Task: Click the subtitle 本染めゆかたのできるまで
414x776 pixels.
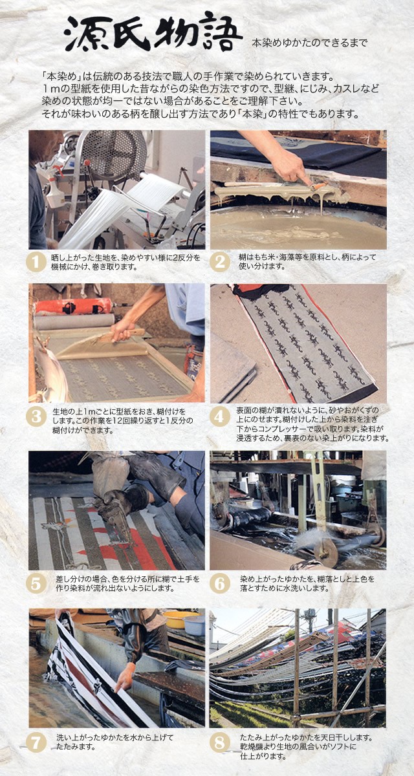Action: [x=309, y=43]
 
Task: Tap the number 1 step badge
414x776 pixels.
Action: [x=36, y=261]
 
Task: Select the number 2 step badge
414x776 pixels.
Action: [x=220, y=261]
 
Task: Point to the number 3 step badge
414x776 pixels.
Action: [x=36, y=416]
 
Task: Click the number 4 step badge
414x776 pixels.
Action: [x=220, y=416]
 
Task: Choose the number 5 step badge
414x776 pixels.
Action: [x=36, y=583]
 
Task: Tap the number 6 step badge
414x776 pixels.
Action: [x=220, y=583]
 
